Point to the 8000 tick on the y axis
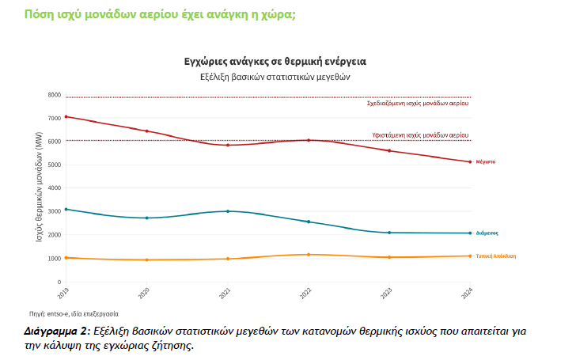coord(54,95)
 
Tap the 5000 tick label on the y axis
coord(54,165)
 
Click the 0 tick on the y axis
coord(59,282)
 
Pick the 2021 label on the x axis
coord(226,293)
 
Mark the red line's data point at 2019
coord(66,116)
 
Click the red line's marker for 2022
coord(309,140)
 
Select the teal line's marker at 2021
coord(228,211)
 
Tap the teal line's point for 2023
coord(389,233)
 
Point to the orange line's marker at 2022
coord(309,255)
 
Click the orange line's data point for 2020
coord(147,260)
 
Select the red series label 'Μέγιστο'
coord(485,161)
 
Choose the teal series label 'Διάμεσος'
coord(487,233)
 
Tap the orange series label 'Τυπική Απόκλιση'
coord(496,256)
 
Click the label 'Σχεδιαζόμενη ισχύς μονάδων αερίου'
coord(418,104)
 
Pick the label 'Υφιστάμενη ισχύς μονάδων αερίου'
coord(420,135)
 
